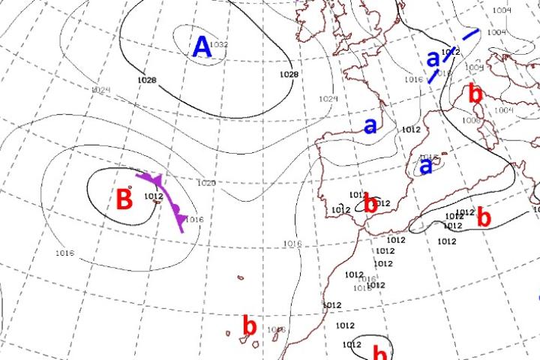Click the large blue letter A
(202, 47)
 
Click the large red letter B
(124, 200)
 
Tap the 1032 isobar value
(219, 45)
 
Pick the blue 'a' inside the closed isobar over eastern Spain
(425, 166)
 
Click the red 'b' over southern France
(474, 94)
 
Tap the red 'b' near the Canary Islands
(250, 327)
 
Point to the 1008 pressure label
(471, 121)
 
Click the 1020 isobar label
(206, 183)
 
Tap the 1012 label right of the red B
(153, 197)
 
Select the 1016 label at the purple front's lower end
(194, 219)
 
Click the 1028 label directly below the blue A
(147, 79)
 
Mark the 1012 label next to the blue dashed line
(450, 52)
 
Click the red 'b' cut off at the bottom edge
(381, 353)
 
